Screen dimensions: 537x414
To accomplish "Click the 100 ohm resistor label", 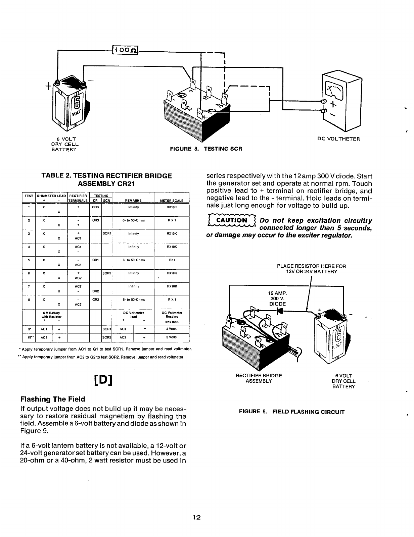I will tap(126, 50).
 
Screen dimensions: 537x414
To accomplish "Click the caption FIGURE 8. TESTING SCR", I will tap(206, 149).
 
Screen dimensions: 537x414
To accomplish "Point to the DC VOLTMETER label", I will tap(338, 139).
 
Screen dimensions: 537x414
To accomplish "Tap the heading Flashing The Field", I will tap(53, 399).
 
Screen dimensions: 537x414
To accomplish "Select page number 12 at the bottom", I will tap(196, 518).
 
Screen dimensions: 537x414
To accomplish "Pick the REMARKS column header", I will tap(133, 201).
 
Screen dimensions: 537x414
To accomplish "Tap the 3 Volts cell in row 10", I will tap(172, 337).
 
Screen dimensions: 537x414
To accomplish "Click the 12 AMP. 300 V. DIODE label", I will tap(278, 299).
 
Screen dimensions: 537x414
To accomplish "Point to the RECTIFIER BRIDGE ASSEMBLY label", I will tap(259, 378).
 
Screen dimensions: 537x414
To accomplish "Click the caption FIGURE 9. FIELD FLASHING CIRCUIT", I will tap(291, 412).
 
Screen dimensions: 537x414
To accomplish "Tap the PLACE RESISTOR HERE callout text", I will tap(311, 269).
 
